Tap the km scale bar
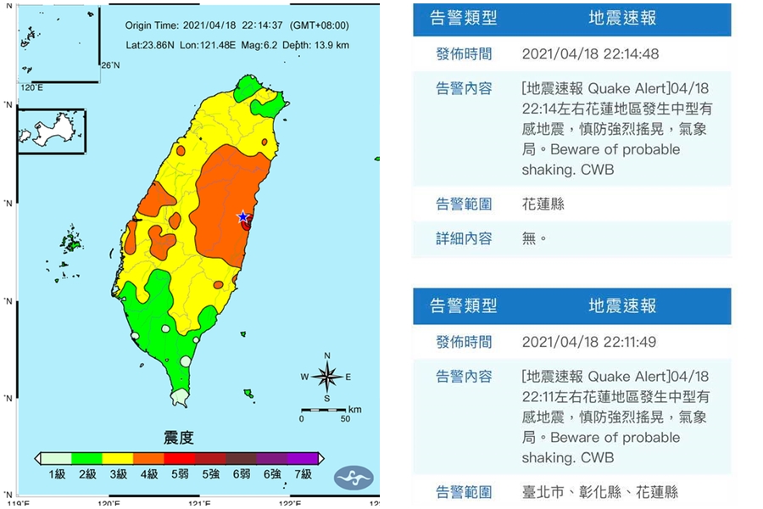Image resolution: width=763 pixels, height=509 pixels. [323, 411]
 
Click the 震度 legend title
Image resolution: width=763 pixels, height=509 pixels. [179, 438]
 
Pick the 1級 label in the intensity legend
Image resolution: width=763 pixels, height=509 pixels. [56, 474]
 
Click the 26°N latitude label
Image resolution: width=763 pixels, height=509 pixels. [111, 65]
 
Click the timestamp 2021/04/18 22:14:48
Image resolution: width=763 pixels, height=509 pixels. [590, 53]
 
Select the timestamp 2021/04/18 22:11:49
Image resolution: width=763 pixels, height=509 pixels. [590, 342]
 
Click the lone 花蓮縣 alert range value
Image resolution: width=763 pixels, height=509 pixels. [543, 204]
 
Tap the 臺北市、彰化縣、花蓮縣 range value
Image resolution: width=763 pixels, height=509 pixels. [600, 492]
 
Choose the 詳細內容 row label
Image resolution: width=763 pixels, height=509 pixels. [464, 238]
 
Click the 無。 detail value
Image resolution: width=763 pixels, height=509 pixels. [534, 238]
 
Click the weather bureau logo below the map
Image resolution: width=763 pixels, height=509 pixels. [353, 477]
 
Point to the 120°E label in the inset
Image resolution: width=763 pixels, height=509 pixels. [31, 87]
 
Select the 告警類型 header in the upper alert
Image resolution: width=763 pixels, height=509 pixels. [464, 18]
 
